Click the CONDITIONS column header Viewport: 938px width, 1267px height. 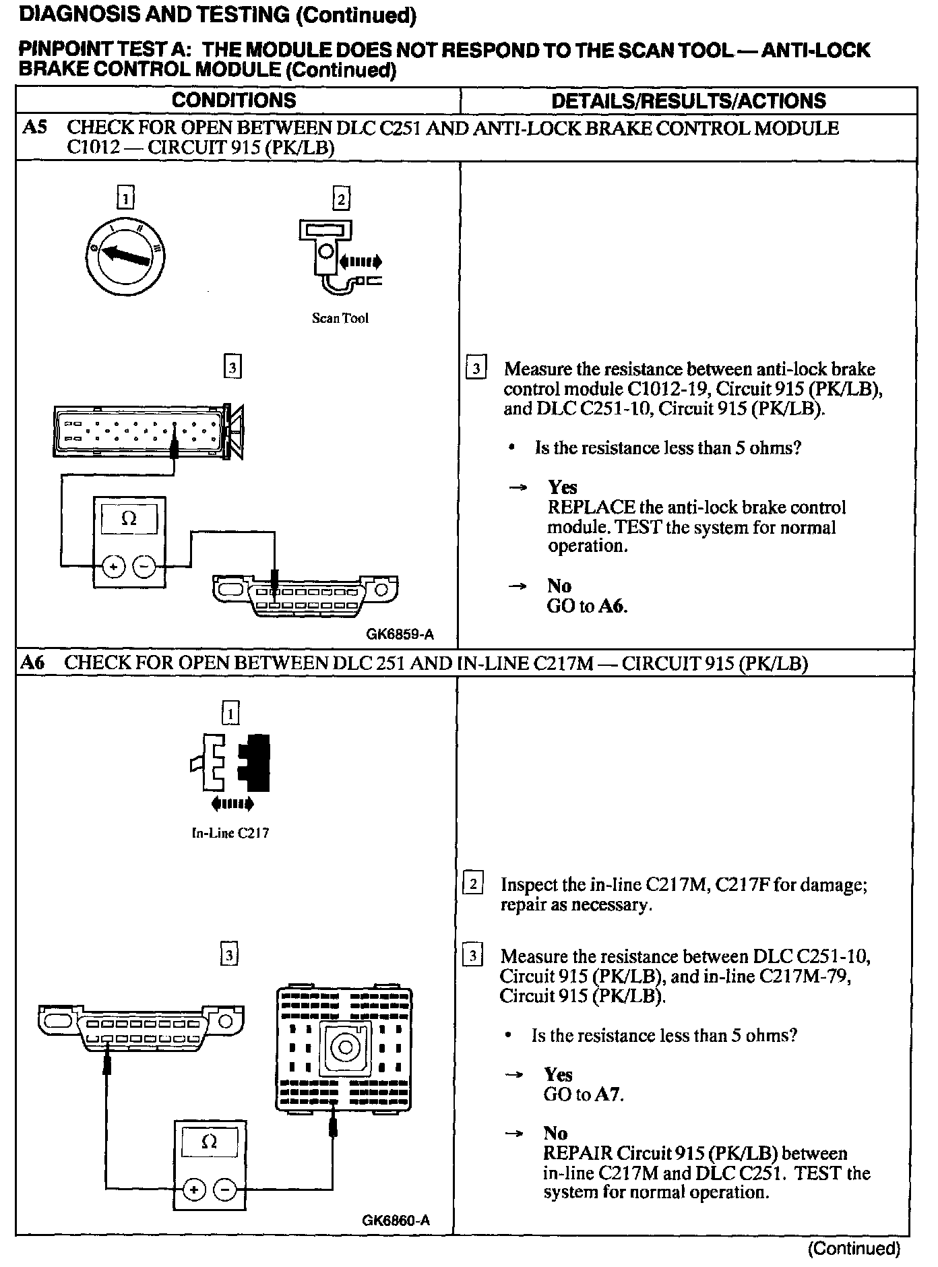(x=234, y=100)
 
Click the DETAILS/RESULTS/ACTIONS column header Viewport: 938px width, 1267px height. (x=688, y=101)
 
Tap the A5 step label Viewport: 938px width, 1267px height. (x=33, y=127)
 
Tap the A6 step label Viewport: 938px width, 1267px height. (x=32, y=662)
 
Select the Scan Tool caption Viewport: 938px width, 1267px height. (x=340, y=318)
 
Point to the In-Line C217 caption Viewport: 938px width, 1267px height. (x=230, y=833)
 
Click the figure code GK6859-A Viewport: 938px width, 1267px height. (x=400, y=634)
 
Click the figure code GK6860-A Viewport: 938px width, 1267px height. (x=396, y=1220)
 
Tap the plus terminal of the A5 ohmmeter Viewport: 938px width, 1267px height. (x=114, y=567)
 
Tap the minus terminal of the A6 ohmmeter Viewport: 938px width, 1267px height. (x=224, y=1189)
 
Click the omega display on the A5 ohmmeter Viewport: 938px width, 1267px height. (x=129, y=519)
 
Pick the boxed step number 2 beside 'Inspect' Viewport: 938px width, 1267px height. (x=473, y=884)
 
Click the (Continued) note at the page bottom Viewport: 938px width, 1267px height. (x=854, y=1248)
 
